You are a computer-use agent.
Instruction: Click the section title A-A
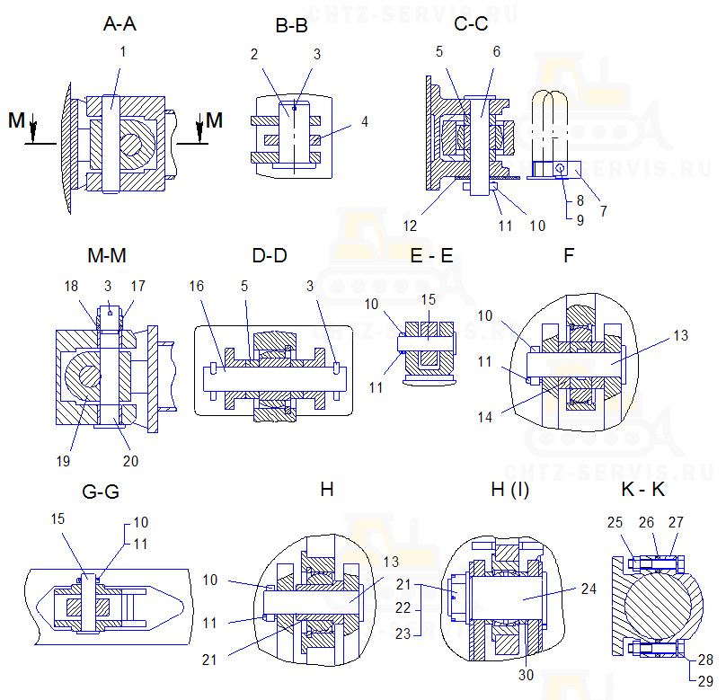coord(120,25)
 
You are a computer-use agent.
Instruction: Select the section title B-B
coord(292,25)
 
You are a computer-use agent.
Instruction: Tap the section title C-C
coord(473,25)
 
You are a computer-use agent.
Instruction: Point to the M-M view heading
coord(107,256)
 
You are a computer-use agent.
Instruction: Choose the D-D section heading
coord(270,256)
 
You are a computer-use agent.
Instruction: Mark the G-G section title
coord(100,492)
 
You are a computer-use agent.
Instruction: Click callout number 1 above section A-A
coord(123,51)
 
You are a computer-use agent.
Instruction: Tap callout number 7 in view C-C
coord(604,212)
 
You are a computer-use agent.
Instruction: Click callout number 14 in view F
coord(509,417)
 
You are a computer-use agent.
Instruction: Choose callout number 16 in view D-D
coord(195,284)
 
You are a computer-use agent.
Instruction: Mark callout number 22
coord(403,608)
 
